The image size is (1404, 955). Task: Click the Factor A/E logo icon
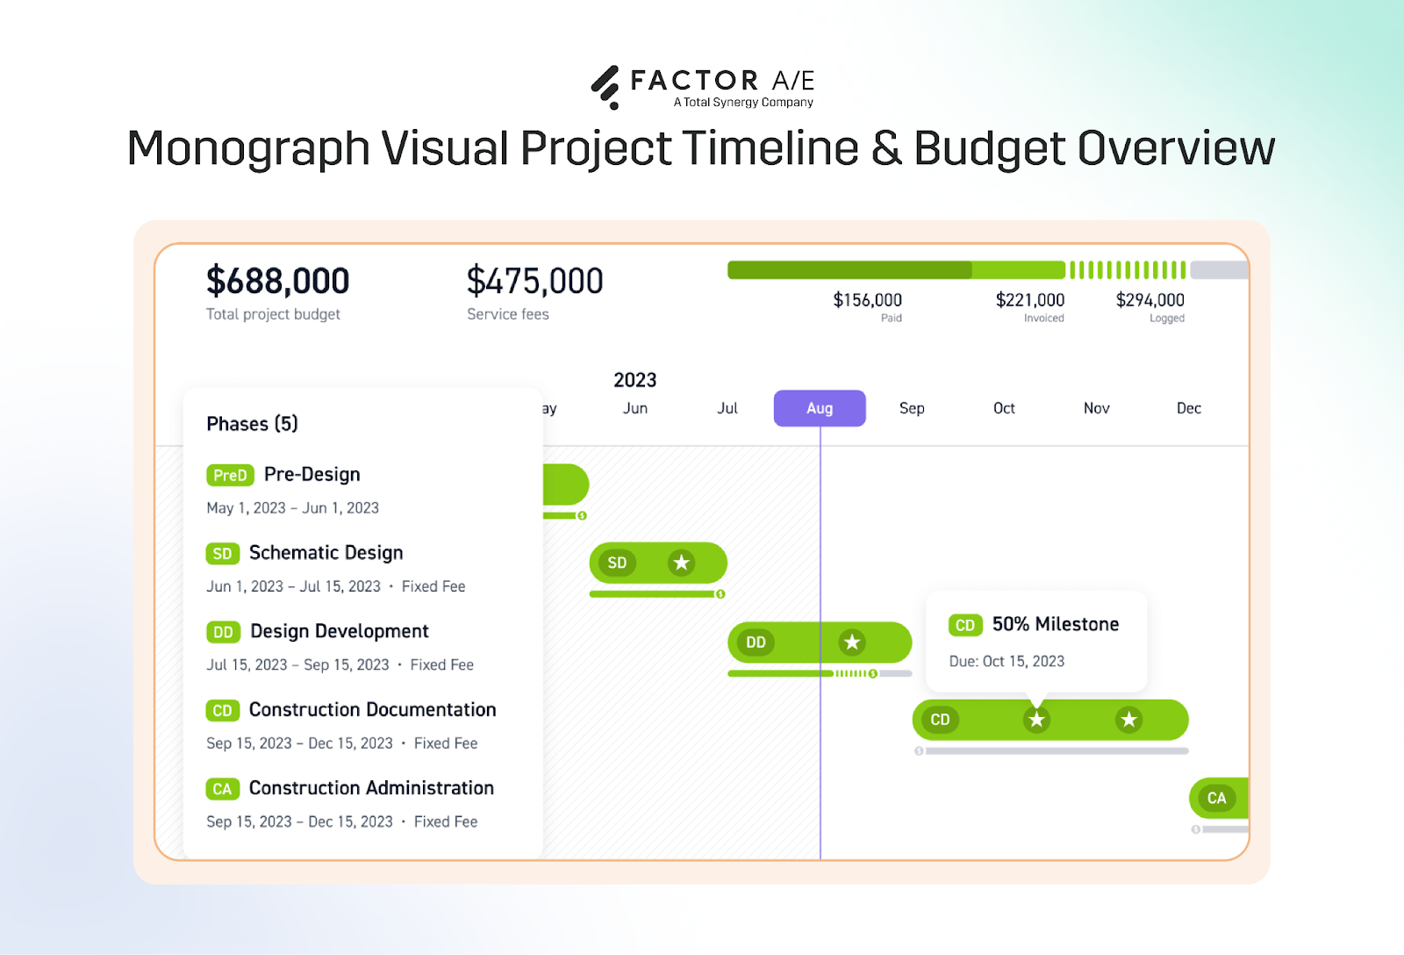pos(605,87)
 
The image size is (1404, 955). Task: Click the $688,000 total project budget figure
pos(277,282)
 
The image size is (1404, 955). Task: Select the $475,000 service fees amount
pos(534,282)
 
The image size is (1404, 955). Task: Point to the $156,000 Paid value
pos(867,300)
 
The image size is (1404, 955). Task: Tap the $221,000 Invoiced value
pos(1029,300)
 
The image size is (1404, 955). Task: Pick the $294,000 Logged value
pos(1150,300)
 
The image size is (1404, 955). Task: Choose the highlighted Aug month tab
pos(820,408)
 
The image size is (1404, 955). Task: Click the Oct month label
pos(1004,408)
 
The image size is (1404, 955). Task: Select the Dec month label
pos(1188,408)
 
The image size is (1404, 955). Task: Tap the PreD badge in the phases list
pos(230,475)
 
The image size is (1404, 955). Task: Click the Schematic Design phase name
pos(326,553)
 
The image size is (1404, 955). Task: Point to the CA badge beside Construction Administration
pos(222,789)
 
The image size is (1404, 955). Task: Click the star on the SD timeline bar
pos(681,563)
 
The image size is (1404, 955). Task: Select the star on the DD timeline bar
pos(851,643)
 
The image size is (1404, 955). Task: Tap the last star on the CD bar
pos(1128,720)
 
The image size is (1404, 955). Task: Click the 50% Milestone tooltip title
pos(1055,624)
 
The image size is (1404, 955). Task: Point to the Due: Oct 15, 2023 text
pos(1006,661)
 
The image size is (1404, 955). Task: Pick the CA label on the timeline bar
pos(1216,798)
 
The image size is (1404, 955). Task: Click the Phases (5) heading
pos(252,424)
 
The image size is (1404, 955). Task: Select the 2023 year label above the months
pos(634,380)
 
